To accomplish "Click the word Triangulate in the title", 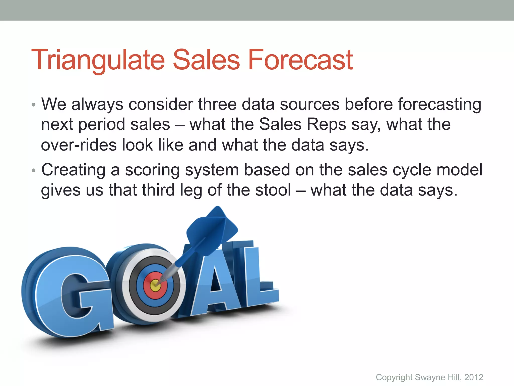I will coord(98,60).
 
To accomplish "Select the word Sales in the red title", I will coord(206,60).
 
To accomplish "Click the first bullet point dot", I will coord(33,105).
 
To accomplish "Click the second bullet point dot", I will coord(33,171).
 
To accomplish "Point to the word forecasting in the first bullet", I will coord(439,104).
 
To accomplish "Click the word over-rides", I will coord(79,145).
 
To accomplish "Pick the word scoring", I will coord(152,170).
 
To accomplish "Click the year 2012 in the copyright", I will coord(474,377).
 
